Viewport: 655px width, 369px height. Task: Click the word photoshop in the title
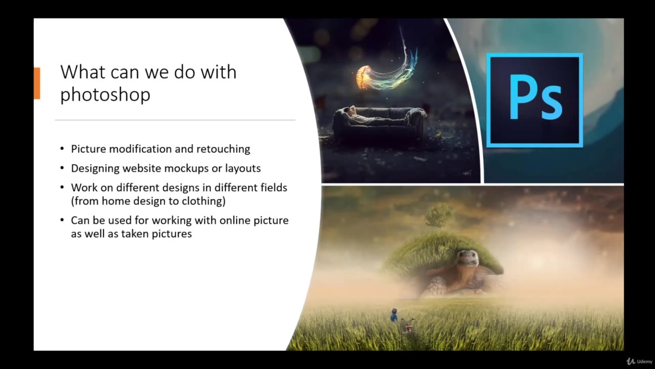pos(105,94)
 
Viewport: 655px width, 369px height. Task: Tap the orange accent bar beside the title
pos(37,83)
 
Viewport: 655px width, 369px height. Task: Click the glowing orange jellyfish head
pos(364,77)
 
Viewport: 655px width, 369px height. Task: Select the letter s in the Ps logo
pos(552,104)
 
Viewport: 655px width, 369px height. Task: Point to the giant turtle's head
pos(468,258)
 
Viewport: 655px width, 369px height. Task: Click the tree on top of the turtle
pos(440,214)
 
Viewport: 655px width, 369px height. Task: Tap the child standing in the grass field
pos(394,315)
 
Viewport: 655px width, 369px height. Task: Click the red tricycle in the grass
pos(408,325)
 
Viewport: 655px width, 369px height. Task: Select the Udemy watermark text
pos(645,362)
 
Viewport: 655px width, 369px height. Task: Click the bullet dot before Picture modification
pos(62,149)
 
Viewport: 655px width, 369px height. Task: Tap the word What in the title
pos(79,72)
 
